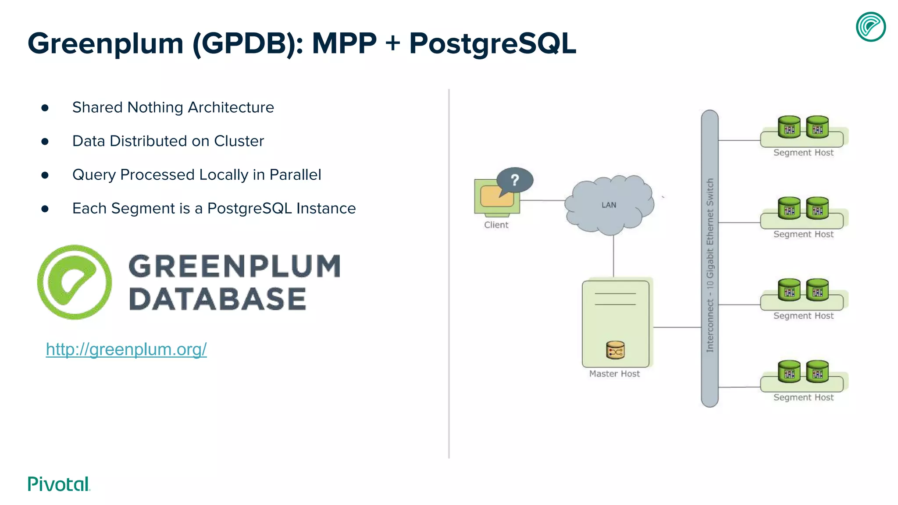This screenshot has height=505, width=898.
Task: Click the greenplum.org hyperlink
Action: click(126, 349)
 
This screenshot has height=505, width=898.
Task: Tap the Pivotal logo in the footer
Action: click(59, 484)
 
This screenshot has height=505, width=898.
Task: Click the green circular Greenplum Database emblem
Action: click(75, 282)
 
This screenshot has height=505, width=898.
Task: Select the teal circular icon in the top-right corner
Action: click(871, 27)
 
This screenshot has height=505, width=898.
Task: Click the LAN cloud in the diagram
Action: click(609, 205)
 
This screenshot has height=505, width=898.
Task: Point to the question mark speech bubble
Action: click(515, 180)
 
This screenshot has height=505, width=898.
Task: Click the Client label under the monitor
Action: click(496, 225)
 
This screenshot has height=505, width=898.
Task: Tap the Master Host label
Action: click(614, 374)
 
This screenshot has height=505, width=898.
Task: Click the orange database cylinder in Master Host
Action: click(615, 350)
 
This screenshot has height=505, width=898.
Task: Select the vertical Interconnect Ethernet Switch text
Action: click(710, 265)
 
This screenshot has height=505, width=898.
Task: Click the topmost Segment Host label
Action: click(803, 153)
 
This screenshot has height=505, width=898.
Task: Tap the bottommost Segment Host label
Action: click(803, 398)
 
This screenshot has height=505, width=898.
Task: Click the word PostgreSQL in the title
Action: click(492, 43)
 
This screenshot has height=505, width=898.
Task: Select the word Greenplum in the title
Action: click(105, 43)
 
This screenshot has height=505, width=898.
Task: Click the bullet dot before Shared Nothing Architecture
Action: click(45, 108)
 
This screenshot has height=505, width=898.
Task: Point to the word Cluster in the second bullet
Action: click(239, 141)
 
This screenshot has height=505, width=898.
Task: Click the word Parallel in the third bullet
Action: click(295, 174)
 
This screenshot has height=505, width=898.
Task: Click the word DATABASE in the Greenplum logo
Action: click(217, 299)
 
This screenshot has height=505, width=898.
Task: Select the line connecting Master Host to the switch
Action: click(677, 327)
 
